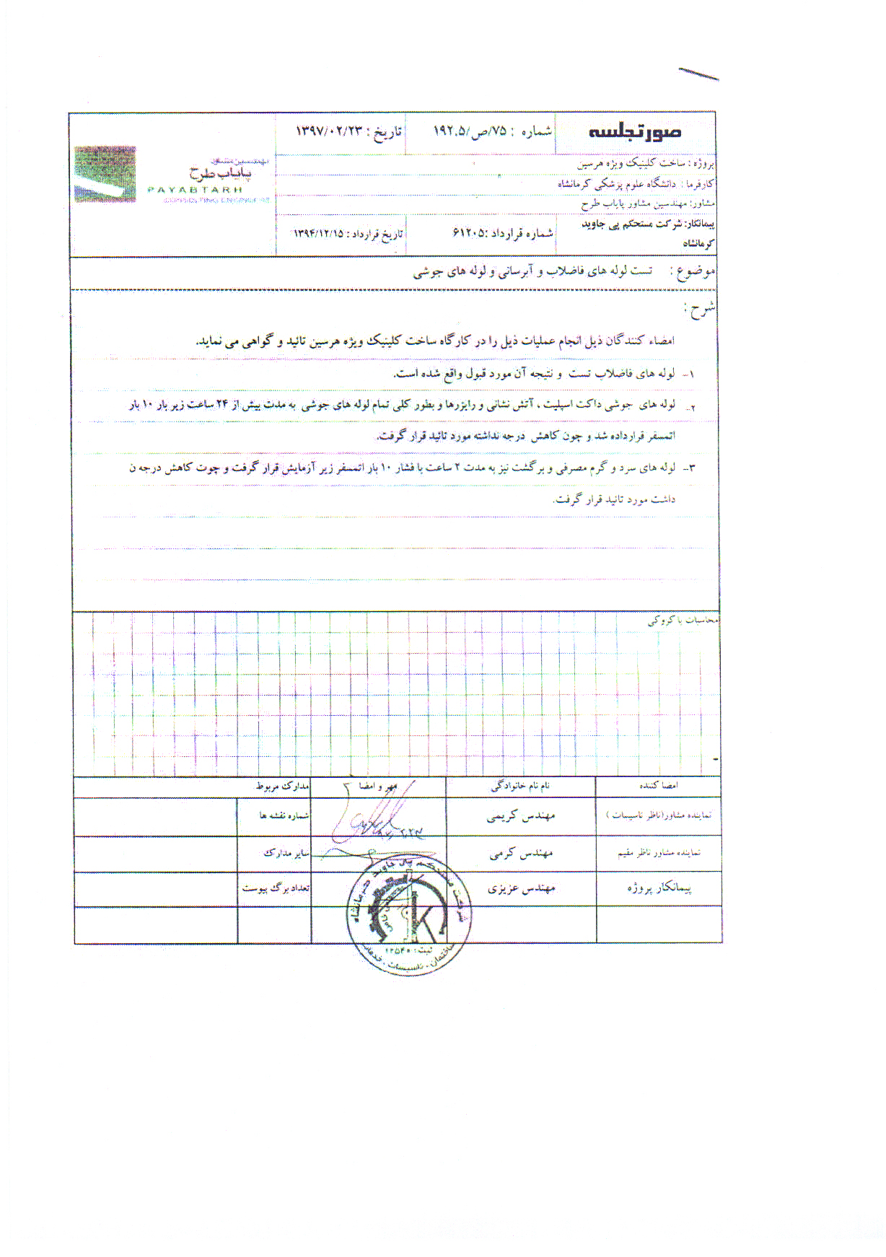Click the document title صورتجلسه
tap(635, 132)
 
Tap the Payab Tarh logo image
tap(105, 174)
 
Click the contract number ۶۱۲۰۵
tap(470, 232)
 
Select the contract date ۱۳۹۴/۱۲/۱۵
tap(318, 234)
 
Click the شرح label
tap(700, 310)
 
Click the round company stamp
tap(408, 912)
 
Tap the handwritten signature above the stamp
tap(375, 823)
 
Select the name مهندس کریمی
tap(520, 816)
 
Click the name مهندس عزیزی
tap(521, 888)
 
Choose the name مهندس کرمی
tap(521, 854)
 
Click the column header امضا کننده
tap(658, 785)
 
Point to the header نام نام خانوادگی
tap(520, 786)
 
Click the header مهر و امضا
tap(377, 786)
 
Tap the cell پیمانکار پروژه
tap(659, 888)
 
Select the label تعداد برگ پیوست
tap(275, 888)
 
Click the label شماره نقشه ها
tap(284, 815)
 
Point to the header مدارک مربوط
tap(282, 786)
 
